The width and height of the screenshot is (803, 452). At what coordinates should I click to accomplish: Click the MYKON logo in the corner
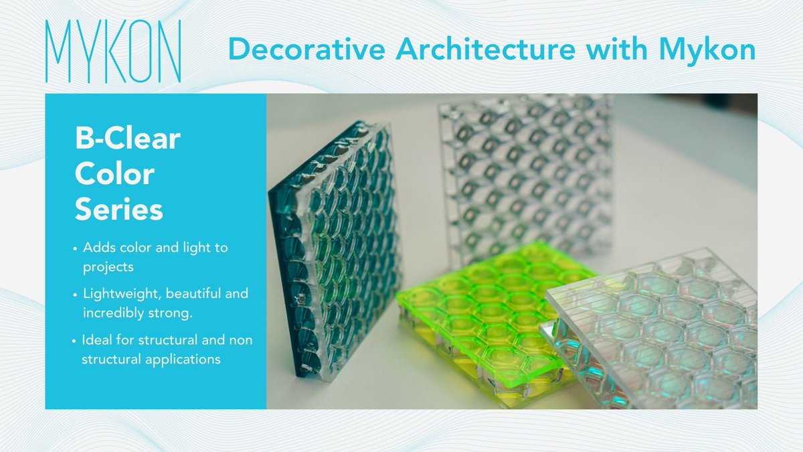click(113, 52)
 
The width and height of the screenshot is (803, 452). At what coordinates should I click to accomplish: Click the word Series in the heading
click(118, 209)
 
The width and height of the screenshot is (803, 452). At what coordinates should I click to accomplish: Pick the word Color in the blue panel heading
click(114, 174)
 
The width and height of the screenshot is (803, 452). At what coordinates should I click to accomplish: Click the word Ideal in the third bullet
click(97, 342)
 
